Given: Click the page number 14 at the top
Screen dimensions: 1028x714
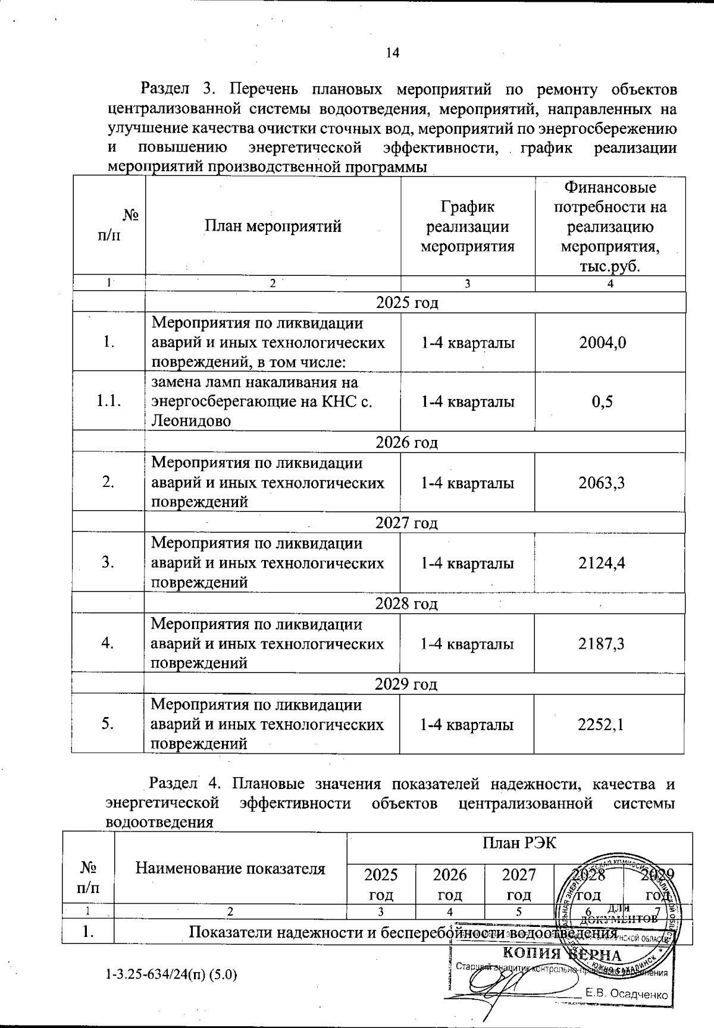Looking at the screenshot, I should [x=392, y=52].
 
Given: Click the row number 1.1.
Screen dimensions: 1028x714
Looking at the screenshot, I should [x=109, y=402].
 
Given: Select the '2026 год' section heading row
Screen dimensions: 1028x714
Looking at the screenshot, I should [x=407, y=442].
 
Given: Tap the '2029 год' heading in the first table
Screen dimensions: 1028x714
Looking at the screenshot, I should [x=406, y=684].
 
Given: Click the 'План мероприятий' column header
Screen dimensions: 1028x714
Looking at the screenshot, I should [x=273, y=226].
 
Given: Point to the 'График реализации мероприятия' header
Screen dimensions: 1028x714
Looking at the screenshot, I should [x=468, y=226].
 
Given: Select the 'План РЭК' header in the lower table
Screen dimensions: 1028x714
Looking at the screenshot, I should [x=519, y=843].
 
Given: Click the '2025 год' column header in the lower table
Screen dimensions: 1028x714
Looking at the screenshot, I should [x=381, y=884].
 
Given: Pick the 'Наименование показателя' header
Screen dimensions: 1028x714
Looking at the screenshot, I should [x=230, y=869].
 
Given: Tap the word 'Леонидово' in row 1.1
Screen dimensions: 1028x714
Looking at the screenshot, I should [x=191, y=421].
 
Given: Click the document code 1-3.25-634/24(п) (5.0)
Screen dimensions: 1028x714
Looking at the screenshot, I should [x=172, y=975].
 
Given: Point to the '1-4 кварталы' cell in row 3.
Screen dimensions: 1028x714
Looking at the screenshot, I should [x=468, y=563].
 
